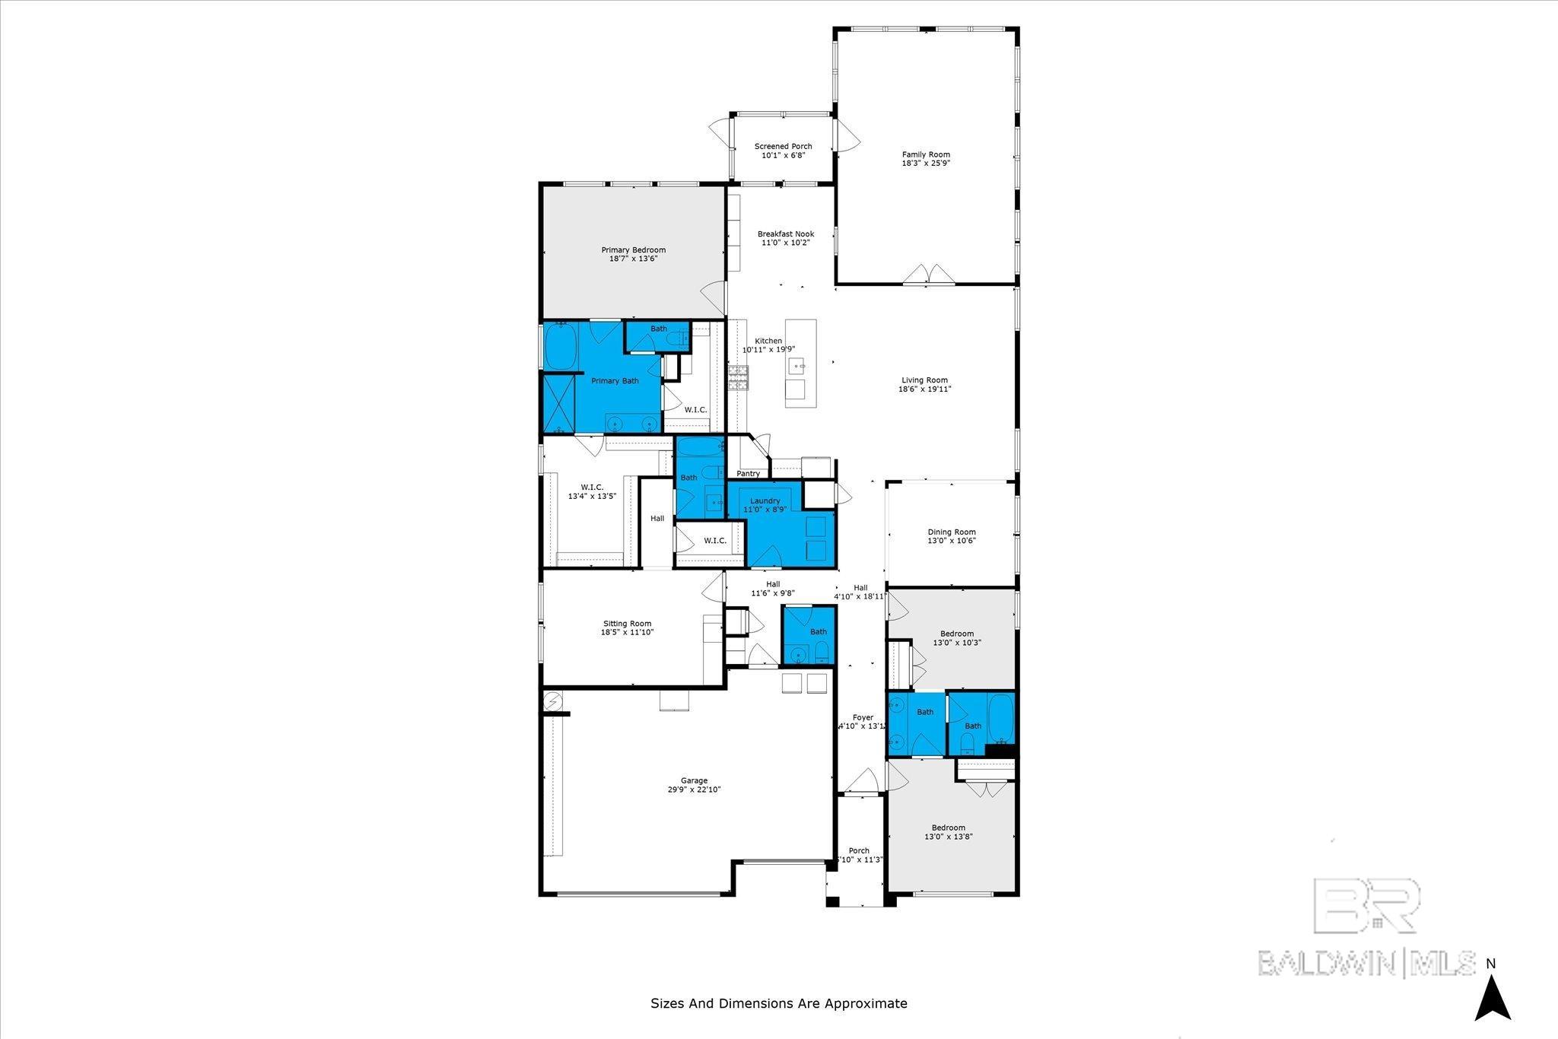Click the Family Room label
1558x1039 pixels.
[x=926, y=154]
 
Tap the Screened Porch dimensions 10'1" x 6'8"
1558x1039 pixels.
[x=783, y=155]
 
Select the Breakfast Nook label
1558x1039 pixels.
[x=785, y=234]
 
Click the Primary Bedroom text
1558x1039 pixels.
[x=633, y=249]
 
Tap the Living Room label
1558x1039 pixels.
[x=924, y=380]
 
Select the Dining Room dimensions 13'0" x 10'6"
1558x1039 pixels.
[x=951, y=541]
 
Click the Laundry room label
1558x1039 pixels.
[x=765, y=500]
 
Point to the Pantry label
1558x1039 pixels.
[x=748, y=473]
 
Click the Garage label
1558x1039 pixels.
[x=693, y=780]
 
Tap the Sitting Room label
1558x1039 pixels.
[x=628, y=624]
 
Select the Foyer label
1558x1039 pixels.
[x=863, y=717]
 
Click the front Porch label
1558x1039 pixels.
[x=859, y=850]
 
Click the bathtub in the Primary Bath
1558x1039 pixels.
[x=561, y=347]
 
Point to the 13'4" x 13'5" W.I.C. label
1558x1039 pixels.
[x=591, y=496]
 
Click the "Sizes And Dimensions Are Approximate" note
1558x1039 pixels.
[x=778, y=1003]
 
